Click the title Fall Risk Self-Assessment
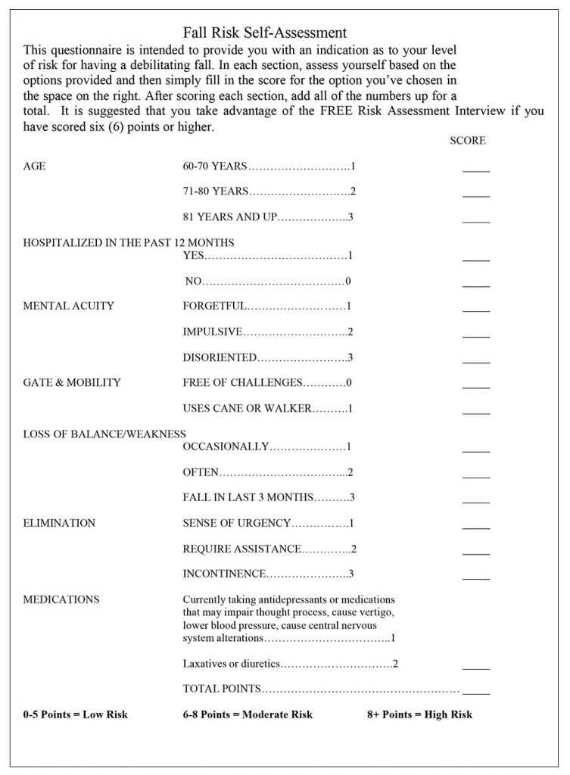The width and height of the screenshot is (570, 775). tap(265, 33)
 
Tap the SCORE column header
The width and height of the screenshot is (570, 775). tap(467, 141)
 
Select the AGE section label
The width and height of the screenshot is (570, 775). tap(34, 167)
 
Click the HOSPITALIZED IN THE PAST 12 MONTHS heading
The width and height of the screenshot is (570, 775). tap(129, 243)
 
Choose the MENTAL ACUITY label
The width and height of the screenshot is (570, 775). tap(68, 307)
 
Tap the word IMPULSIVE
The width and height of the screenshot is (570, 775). tap(213, 332)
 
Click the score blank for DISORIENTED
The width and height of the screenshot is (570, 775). tap(476, 359)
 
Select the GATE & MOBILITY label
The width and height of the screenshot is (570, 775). tap(72, 383)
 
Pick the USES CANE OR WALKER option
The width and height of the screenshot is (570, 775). tap(247, 409)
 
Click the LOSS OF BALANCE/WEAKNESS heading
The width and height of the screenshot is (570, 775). tap(104, 434)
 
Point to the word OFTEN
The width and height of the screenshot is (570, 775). tap(201, 472)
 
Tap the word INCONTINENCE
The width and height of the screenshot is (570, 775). tap(224, 574)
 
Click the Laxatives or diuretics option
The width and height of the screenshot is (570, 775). tap(232, 665)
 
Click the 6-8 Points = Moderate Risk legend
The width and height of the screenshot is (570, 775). tap(248, 714)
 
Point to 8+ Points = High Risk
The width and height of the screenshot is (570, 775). tap(419, 714)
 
